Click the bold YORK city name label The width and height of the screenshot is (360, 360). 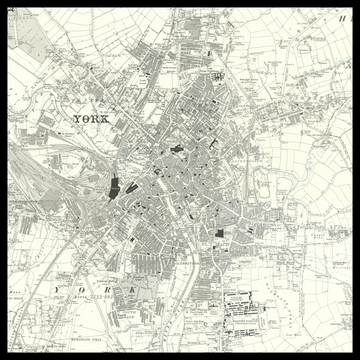[95, 120]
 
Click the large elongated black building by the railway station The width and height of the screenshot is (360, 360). [114, 186]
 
